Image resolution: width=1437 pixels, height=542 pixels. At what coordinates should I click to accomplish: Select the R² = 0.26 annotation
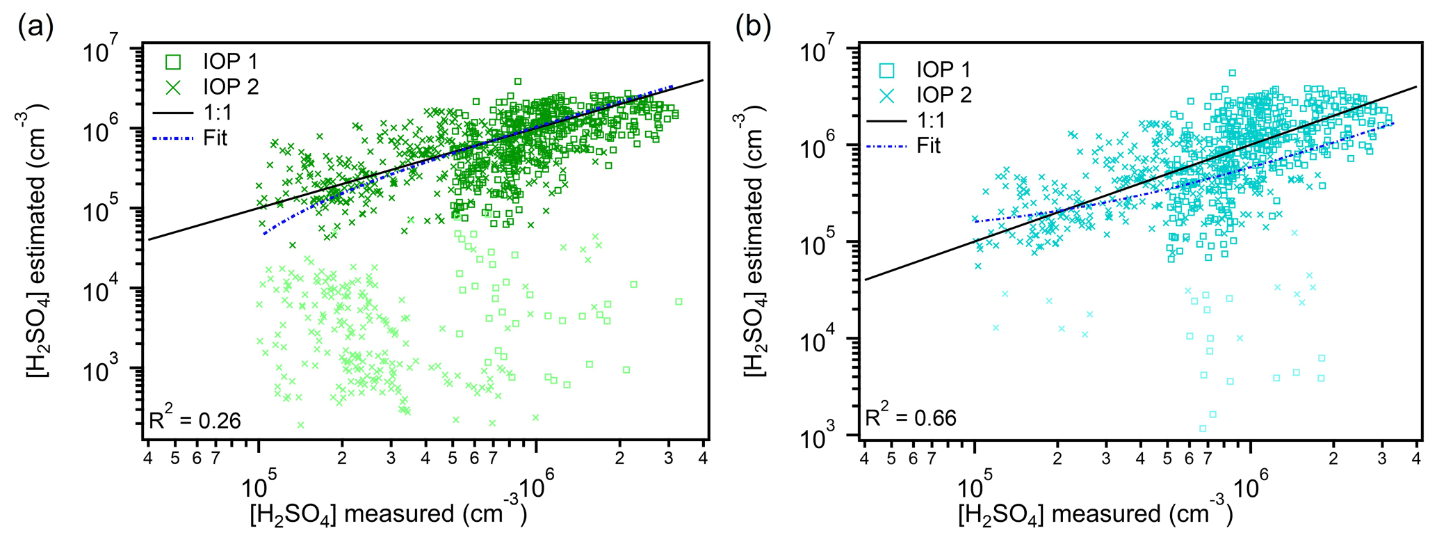tap(195, 420)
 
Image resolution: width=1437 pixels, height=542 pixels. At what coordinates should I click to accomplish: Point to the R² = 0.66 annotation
tap(911, 417)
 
